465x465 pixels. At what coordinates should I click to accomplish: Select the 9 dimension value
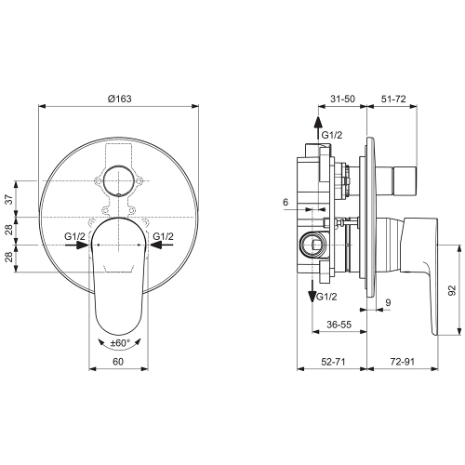point(388,303)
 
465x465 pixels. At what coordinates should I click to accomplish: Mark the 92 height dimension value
point(451,290)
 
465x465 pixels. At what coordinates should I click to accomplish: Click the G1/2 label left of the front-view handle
point(76,237)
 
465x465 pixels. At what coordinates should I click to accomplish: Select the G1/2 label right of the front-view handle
point(164,237)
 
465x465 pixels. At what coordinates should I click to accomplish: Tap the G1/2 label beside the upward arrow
point(331,136)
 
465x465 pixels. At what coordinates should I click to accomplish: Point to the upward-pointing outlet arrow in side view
point(317,128)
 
